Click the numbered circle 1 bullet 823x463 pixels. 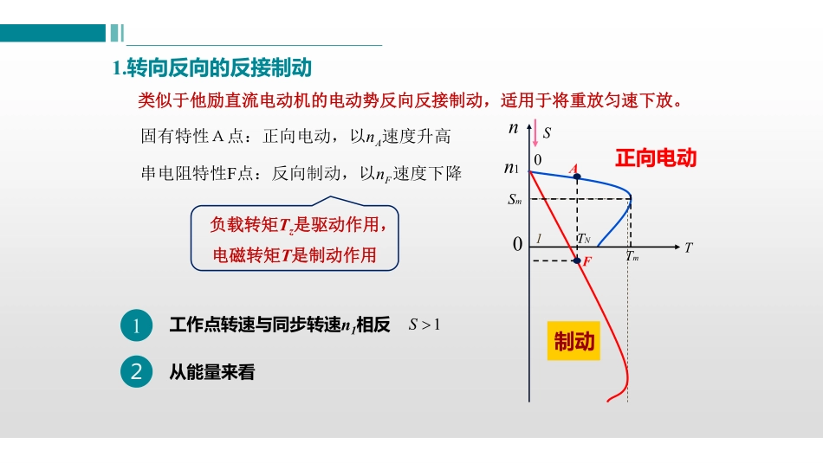137,325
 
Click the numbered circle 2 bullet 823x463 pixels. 137,372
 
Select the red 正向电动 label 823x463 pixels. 655,158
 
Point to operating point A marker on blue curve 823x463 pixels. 577,177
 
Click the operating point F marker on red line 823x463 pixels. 577,260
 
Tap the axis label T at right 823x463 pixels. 689,248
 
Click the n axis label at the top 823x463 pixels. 514,128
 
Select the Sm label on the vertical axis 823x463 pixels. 515,200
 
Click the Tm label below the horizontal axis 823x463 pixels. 632,257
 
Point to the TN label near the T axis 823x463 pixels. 584,239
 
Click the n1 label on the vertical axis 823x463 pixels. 512,168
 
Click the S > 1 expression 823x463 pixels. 425,325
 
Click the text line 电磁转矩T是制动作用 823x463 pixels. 295,255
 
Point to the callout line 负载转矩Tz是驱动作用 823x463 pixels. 295,225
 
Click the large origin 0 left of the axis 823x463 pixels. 518,245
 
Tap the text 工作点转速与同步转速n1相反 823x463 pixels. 280,325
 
